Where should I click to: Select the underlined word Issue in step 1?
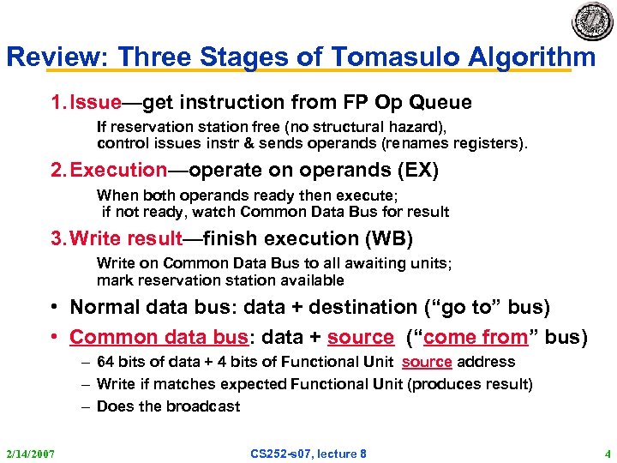pyautogui.click(x=96, y=103)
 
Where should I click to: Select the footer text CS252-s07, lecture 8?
pyautogui.click(x=308, y=453)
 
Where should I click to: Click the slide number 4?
pyautogui.click(x=607, y=453)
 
